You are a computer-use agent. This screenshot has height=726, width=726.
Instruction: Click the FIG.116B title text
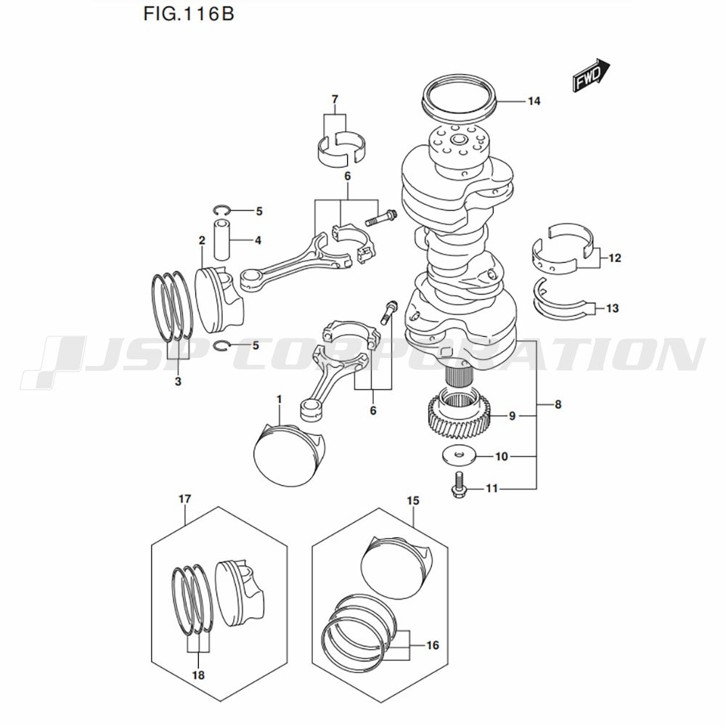[x=189, y=14]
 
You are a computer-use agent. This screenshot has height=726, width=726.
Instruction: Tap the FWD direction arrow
[x=592, y=76]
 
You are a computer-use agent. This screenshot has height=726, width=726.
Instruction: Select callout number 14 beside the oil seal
[x=534, y=101]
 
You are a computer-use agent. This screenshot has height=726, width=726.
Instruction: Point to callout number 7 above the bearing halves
[x=335, y=99]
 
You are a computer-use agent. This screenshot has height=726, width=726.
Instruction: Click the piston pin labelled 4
[x=221, y=241]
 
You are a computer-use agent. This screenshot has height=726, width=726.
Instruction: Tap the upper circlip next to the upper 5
[x=223, y=211]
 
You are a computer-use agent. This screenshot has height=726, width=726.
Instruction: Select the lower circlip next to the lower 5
[x=223, y=346]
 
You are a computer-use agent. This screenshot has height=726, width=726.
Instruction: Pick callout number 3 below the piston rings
[x=178, y=382]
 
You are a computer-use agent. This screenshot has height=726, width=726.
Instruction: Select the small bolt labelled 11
[x=458, y=484]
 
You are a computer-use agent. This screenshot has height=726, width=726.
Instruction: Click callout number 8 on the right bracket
[x=558, y=404]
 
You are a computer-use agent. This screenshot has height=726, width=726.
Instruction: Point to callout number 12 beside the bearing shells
[x=615, y=258]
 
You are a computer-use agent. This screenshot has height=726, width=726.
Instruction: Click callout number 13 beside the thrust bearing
[x=612, y=309]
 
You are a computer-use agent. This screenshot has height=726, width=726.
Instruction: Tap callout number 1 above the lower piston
[x=280, y=399]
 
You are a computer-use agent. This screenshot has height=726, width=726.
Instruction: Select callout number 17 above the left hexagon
[x=184, y=499]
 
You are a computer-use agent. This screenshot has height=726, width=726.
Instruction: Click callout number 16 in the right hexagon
[x=433, y=645]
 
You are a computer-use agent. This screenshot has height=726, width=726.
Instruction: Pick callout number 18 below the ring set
[x=198, y=675]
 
